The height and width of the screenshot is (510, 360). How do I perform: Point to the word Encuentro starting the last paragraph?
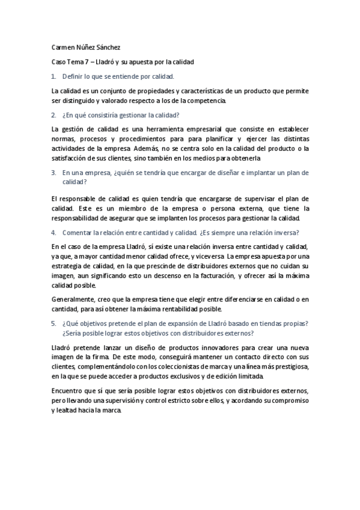click(x=69, y=391)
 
